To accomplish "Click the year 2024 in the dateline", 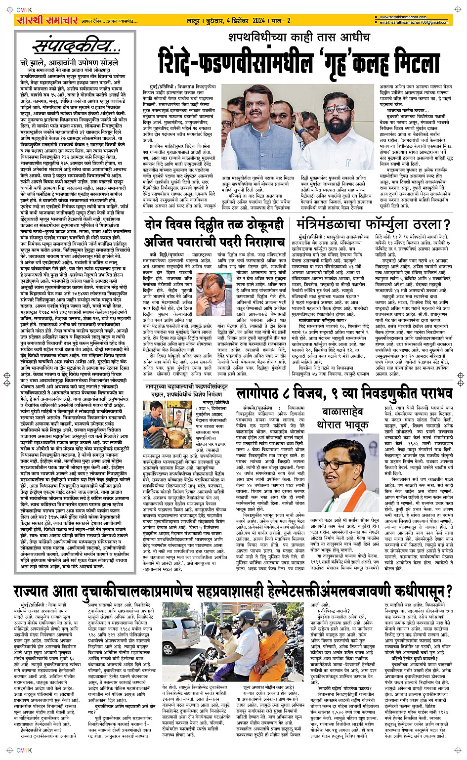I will [x=258, y=21].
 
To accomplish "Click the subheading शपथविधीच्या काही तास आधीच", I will [x=299, y=38].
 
